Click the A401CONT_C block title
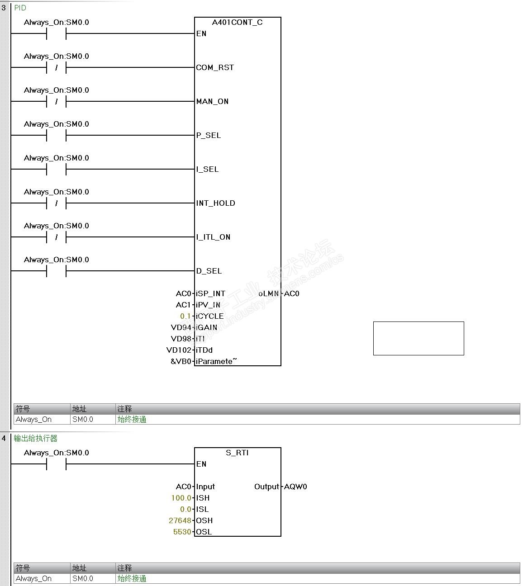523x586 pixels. (237, 22)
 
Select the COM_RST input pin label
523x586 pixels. (215, 67)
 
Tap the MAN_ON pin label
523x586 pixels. (212, 101)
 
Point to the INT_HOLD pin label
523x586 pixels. (215, 203)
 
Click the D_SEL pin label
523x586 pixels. (209, 271)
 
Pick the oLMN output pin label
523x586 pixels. (269, 293)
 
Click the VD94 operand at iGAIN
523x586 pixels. (181, 327)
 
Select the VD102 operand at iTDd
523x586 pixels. (179, 350)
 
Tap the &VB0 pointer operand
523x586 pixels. (181, 361)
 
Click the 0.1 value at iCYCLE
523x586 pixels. (185, 316)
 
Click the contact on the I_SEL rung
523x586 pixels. (56, 169)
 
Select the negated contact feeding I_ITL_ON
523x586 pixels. (56, 237)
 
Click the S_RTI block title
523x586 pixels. (237, 453)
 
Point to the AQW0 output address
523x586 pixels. (295, 487)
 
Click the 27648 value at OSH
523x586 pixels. (180, 520)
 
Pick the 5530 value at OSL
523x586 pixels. (182, 532)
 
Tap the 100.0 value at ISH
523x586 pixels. (181, 498)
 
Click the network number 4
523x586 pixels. (4, 438)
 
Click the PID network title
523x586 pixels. (20, 8)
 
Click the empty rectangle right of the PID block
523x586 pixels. (418, 338)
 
